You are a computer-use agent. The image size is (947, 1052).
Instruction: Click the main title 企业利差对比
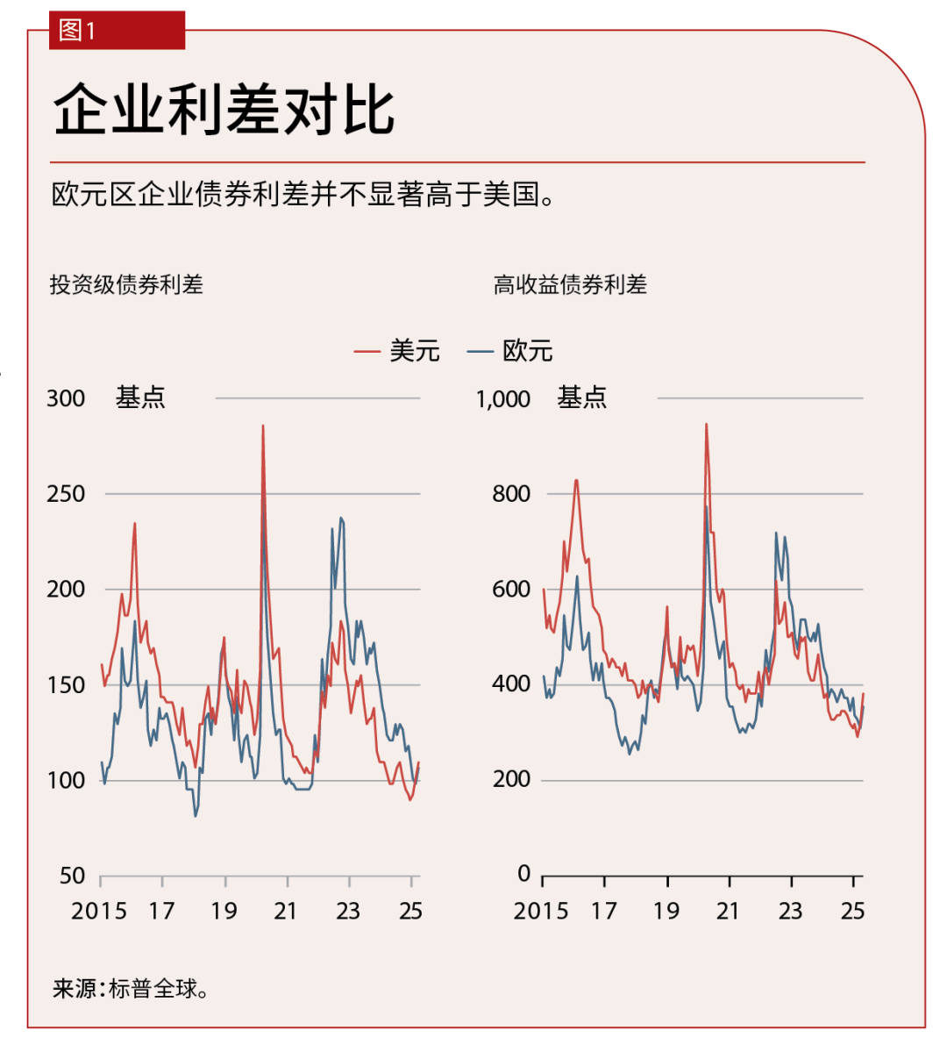224,110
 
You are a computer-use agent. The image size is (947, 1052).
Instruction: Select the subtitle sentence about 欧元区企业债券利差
303,194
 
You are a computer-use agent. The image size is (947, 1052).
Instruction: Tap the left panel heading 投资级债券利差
126,284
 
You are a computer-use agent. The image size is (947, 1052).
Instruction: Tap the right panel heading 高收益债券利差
570,284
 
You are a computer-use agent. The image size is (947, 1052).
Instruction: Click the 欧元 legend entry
510,351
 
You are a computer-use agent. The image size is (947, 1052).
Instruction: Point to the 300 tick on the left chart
66,398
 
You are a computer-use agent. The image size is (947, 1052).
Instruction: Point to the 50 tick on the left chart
72,876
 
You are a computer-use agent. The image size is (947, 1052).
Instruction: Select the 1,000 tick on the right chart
502,399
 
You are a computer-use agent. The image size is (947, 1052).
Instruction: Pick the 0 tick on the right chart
523,874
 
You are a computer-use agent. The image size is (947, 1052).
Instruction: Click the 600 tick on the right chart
511,590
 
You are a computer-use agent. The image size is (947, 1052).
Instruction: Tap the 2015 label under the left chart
99,911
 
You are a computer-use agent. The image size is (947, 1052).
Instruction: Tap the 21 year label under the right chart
727,911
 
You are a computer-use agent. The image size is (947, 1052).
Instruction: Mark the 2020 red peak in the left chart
263,427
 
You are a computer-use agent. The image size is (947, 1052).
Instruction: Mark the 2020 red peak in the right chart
707,426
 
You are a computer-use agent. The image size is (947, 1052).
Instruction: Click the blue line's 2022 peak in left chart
341,519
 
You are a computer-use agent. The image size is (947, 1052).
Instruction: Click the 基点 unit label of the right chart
582,398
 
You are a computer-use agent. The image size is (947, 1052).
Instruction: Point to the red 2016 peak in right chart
576,481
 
